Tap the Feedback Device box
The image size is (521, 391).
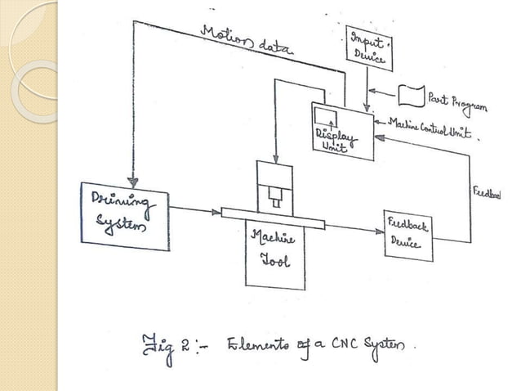point(408,236)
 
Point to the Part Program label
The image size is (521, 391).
point(458,102)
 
